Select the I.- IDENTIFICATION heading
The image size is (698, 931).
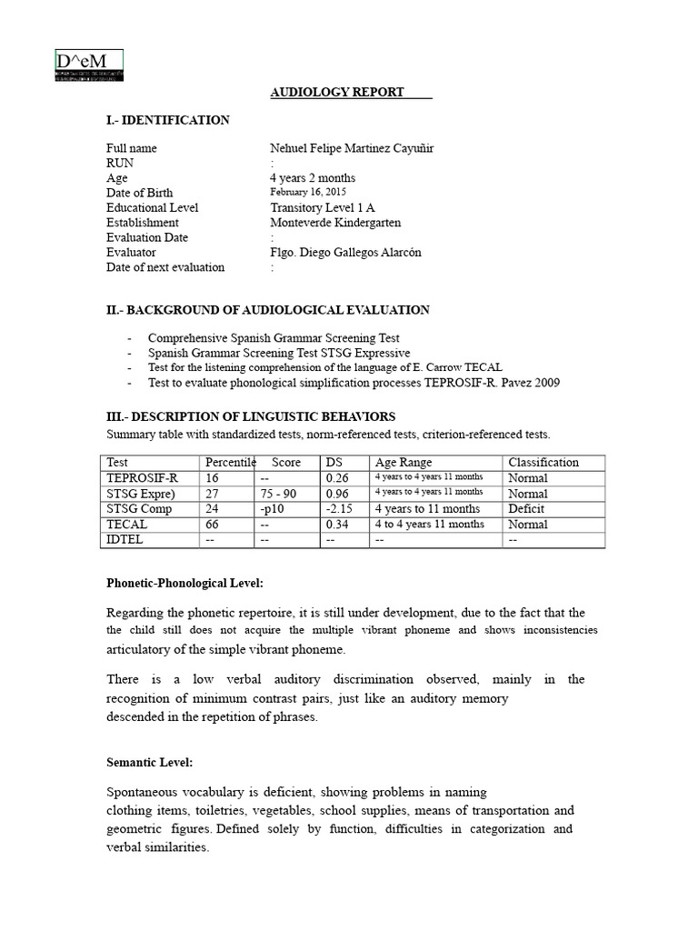[168, 120]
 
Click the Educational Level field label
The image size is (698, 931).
[152, 207]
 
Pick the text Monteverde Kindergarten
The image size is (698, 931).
[335, 223]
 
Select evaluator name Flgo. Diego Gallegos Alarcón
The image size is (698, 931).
[345, 253]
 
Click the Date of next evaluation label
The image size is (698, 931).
[165, 267]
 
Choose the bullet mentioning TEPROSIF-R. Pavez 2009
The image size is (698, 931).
[354, 383]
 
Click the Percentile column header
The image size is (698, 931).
[231, 463]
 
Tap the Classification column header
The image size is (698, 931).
[543, 463]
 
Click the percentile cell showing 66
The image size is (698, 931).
[212, 525]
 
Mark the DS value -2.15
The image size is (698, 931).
[339, 509]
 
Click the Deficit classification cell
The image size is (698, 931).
[527, 509]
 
